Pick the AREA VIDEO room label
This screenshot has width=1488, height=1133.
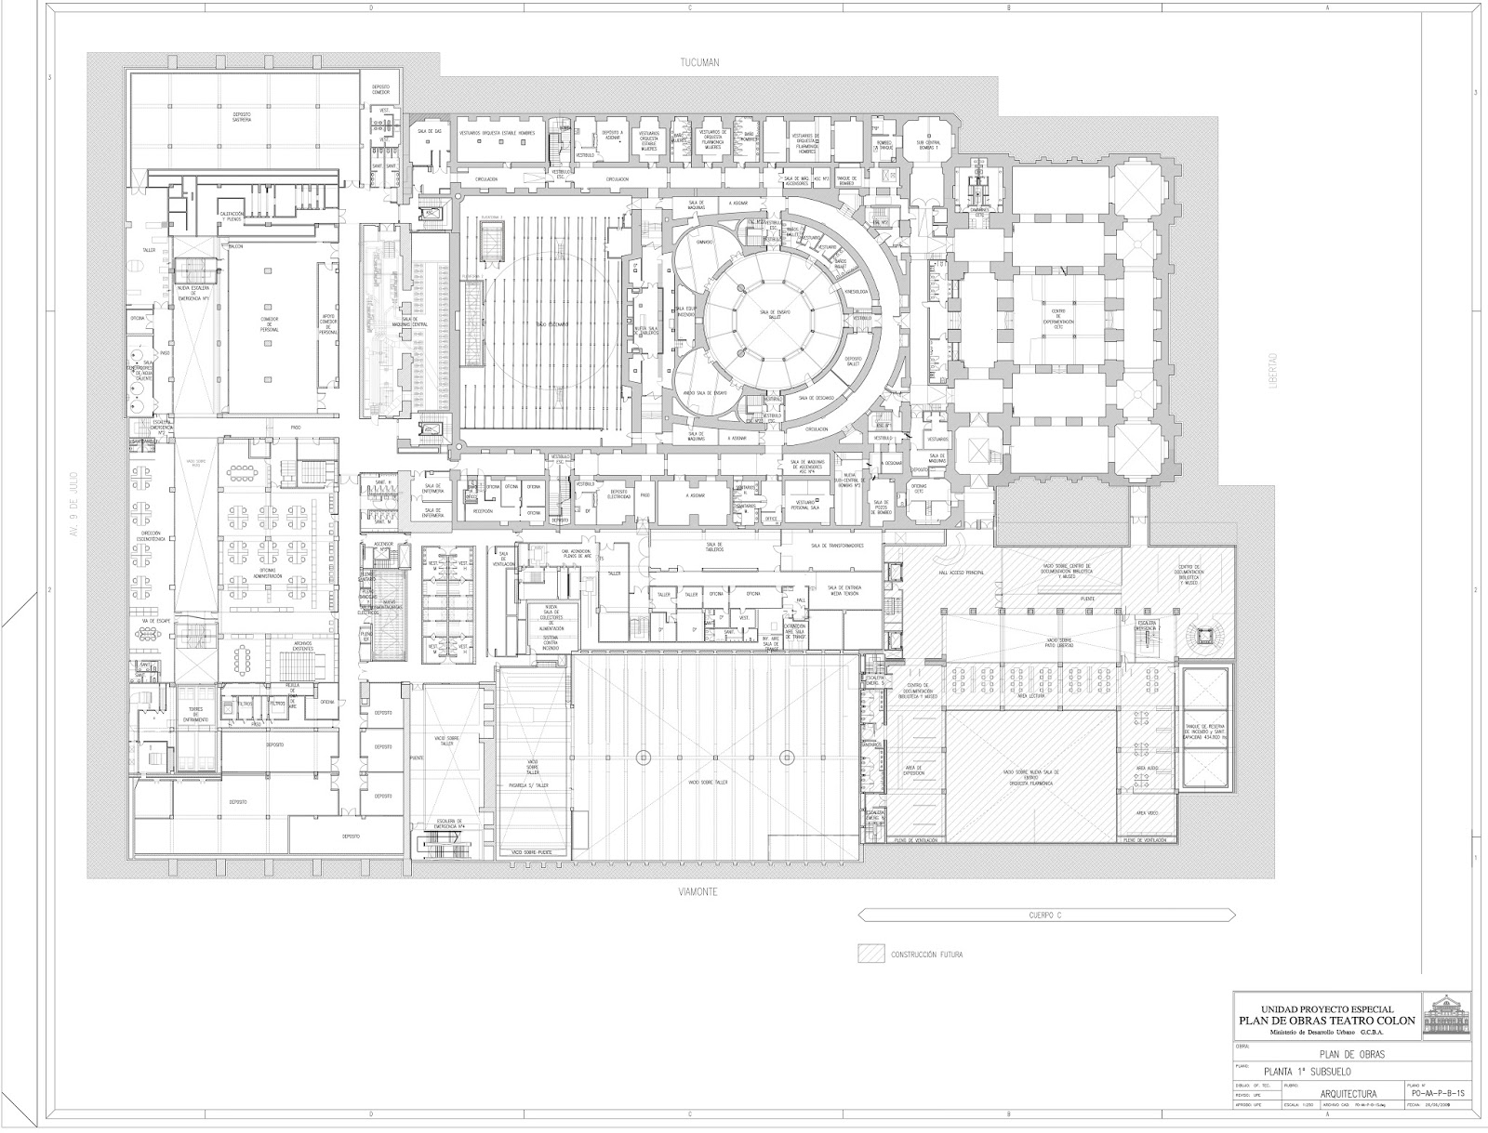point(1146,812)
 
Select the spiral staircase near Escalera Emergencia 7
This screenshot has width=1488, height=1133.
point(1205,636)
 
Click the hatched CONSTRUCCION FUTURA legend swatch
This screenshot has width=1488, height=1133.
point(870,954)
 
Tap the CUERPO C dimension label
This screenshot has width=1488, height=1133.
point(1045,916)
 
